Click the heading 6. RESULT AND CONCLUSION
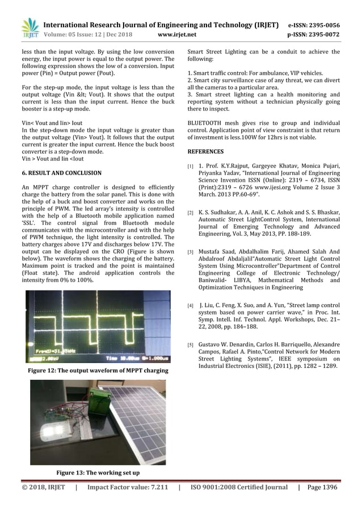tap(61, 173)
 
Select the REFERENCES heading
tap(205, 152)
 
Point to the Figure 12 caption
tap(98, 371)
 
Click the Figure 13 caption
tap(98, 472)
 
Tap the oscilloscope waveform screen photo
tap(98, 327)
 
